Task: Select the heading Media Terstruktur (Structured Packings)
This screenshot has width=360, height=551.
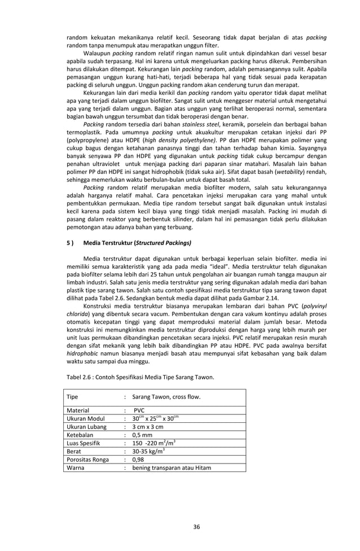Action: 137,243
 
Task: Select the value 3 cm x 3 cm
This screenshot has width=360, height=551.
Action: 148,428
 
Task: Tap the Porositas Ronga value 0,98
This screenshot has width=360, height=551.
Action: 139,464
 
